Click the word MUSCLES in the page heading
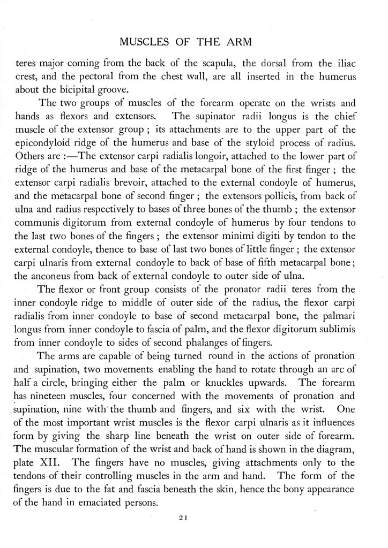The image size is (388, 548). tap(141, 42)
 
